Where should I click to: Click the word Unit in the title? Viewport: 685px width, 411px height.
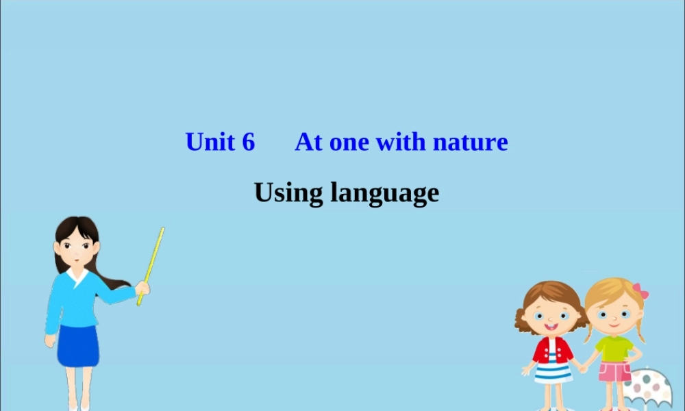(x=210, y=142)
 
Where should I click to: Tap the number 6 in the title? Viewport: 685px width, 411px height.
(x=248, y=142)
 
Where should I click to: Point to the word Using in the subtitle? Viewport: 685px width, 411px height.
(x=288, y=192)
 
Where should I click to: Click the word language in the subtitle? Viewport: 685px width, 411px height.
(x=384, y=194)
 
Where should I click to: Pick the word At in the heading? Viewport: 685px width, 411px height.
(x=308, y=142)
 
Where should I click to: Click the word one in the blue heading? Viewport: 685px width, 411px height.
(x=350, y=142)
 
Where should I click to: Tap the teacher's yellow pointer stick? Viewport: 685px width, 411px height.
(x=152, y=260)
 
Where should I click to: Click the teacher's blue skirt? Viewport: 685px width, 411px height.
(x=77, y=346)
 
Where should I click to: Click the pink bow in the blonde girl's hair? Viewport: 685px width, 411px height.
(x=640, y=290)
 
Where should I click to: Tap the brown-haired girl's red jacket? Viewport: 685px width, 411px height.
(x=552, y=350)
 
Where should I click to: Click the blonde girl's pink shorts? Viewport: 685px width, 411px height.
(x=614, y=371)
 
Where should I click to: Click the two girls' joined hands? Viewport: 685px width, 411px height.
(x=582, y=367)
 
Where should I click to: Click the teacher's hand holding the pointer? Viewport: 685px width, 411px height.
(x=142, y=288)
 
